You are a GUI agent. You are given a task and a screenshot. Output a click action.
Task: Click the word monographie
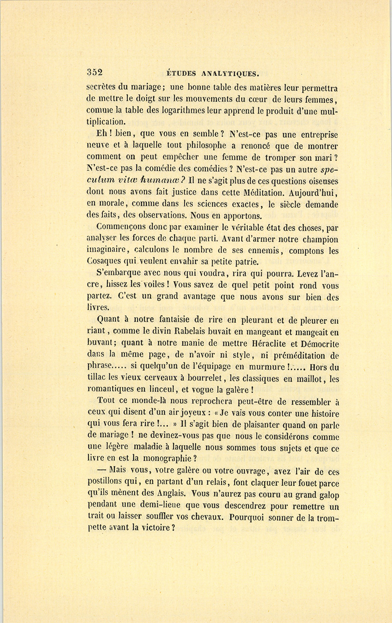[166, 458]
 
